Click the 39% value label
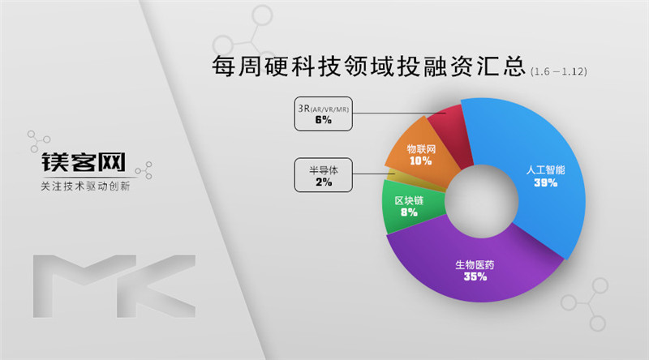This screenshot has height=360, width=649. [x=545, y=183]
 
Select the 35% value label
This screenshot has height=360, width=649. [x=475, y=277]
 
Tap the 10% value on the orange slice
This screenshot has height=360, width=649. [x=420, y=161]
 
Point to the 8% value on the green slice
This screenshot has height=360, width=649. [x=409, y=212]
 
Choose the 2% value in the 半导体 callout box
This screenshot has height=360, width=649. [x=324, y=182]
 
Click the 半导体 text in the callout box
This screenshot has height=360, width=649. [x=324, y=170]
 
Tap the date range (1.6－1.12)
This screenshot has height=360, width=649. [x=558, y=71]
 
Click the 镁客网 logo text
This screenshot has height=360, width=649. [x=84, y=162]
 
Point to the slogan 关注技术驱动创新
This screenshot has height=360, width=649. [x=84, y=186]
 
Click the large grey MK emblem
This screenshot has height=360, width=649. [x=114, y=284]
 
